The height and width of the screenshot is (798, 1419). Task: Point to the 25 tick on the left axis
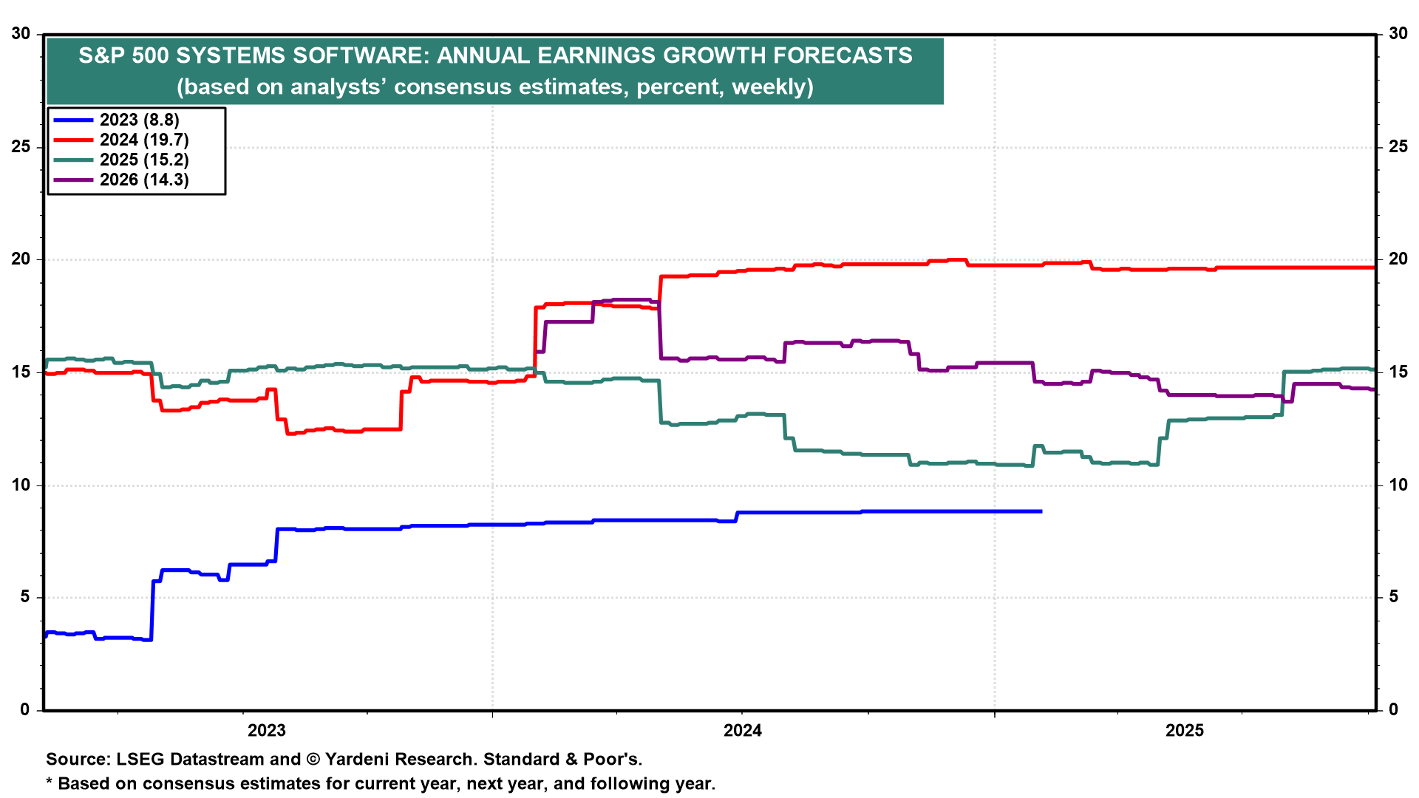pyautogui.click(x=21, y=146)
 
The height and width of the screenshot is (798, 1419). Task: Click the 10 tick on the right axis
pyautogui.click(x=1398, y=485)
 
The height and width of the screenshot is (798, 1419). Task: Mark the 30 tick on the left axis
pyautogui.click(x=21, y=33)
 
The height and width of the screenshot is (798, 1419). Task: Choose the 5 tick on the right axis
pyautogui.click(x=1393, y=596)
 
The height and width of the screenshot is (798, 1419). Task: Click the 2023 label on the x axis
pyautogui.click(x=266, y=731)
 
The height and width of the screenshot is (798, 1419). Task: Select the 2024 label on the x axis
pyautogui.click(x=742, y=731)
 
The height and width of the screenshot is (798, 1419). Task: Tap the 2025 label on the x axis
pyautogui.click(x=1185, y=731)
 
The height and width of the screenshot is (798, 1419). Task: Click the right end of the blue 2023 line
pyautogui.click(x=1041, y=511)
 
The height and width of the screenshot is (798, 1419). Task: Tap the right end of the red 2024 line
pyautogui.click(x=1373, y=267)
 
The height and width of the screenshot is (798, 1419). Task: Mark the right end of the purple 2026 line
pyautogui.click(x=1373, y=389)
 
